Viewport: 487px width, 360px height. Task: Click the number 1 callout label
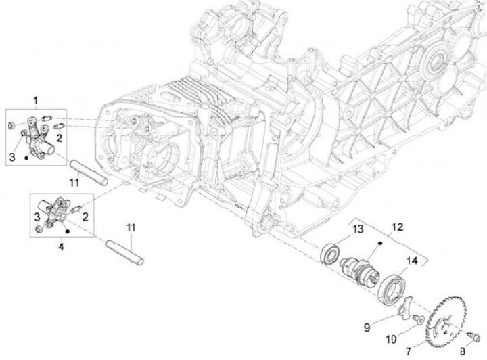[x=36, y=101]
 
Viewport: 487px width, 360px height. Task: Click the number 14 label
[x=412, y=261]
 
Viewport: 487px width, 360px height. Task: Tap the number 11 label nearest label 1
[x=75, y=182]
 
